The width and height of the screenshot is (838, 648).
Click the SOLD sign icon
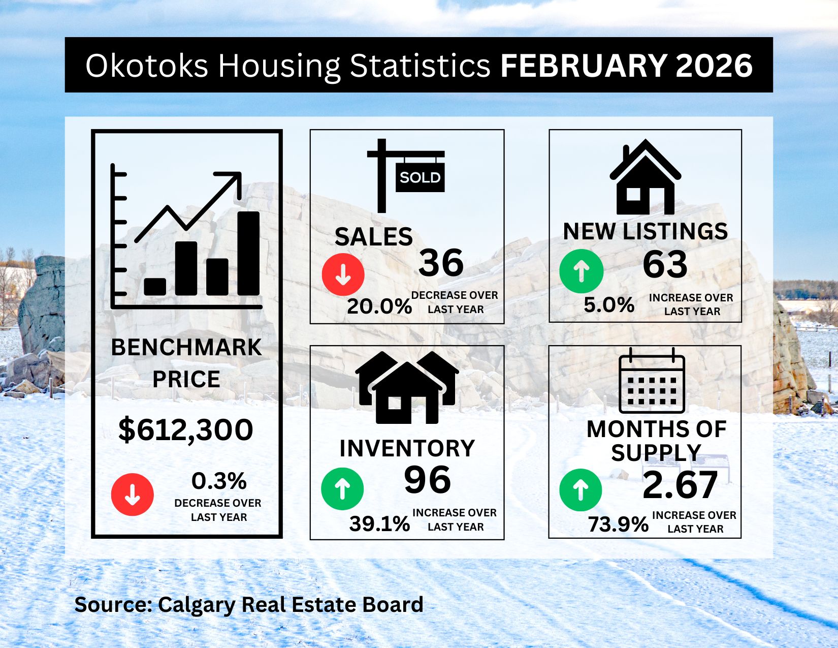(406, 176)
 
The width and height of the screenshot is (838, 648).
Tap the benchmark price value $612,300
(186, 429)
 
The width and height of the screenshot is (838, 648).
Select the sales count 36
(441, 262)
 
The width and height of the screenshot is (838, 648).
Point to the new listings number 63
(665, 264)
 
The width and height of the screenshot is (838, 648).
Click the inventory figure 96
(427, 480)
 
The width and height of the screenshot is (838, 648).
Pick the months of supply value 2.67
(680, 485)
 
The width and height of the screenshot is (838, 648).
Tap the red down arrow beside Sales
(343, 274)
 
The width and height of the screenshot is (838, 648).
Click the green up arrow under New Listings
(581, 271)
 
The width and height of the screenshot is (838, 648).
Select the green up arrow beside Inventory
(342, 488)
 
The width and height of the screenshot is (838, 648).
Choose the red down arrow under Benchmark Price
(132, 495)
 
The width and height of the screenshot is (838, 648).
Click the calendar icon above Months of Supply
(652, 381)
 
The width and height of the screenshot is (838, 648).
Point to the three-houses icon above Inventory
(407, 387)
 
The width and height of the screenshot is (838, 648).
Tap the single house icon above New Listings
(645, 177)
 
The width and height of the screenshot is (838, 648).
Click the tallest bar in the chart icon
(248, 253)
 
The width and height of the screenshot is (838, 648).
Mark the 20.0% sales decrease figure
(379, 307)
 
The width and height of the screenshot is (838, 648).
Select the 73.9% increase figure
(618, 525)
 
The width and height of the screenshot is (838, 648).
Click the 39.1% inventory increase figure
(379, 524)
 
